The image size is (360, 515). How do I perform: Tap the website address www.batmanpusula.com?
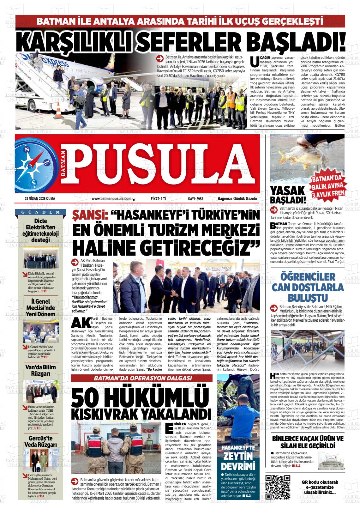point(111,199)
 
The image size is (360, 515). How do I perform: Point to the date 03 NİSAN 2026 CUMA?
point(40,199)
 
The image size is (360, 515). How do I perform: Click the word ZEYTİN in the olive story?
point(238,456)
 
